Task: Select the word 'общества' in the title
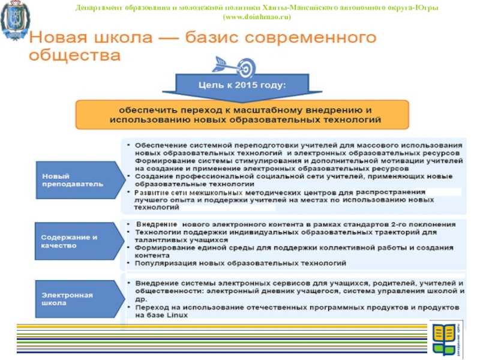click(74, 56)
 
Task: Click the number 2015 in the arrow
click(247, 85)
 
